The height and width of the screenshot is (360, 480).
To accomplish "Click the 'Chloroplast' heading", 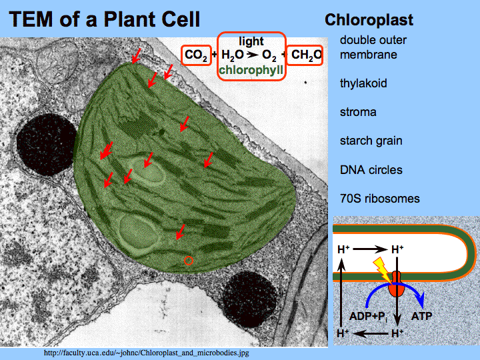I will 369,20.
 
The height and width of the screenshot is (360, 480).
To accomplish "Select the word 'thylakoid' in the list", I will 363,83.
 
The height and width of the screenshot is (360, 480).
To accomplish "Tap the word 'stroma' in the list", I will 358,112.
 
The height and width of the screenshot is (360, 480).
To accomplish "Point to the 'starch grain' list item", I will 371,141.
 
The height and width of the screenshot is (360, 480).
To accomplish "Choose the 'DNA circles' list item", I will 371,170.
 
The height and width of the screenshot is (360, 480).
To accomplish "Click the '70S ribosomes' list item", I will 379,199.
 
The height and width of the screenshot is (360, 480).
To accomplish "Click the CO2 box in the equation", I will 196,55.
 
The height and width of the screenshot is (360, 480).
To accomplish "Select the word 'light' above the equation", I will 251,41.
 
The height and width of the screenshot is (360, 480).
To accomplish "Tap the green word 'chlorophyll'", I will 251,69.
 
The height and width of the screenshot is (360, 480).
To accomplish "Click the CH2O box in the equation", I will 307,55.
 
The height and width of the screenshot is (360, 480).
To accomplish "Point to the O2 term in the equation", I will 269,55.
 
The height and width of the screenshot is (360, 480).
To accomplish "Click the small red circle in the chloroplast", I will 189,261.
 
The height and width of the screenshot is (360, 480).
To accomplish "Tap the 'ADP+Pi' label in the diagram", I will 367,315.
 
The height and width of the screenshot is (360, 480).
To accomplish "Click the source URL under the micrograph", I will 146,352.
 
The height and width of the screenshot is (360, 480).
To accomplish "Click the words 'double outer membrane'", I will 373,47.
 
